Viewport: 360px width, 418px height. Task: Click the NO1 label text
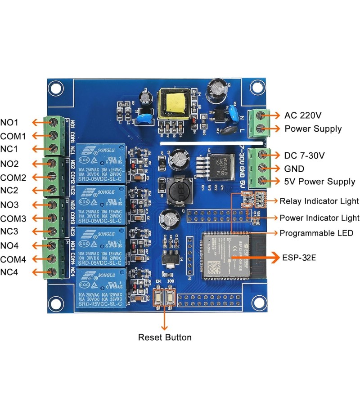9,122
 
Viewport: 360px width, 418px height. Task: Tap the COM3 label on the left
13,219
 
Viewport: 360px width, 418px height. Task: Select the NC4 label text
9,272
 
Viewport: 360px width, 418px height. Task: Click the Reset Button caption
165,337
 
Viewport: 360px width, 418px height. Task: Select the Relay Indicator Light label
319,201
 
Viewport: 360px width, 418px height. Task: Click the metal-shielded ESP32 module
220,257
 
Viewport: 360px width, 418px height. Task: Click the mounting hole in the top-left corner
55,88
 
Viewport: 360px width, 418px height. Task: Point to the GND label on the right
294,169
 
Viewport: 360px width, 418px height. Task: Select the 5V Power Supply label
319,182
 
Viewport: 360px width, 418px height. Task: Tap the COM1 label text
13,136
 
